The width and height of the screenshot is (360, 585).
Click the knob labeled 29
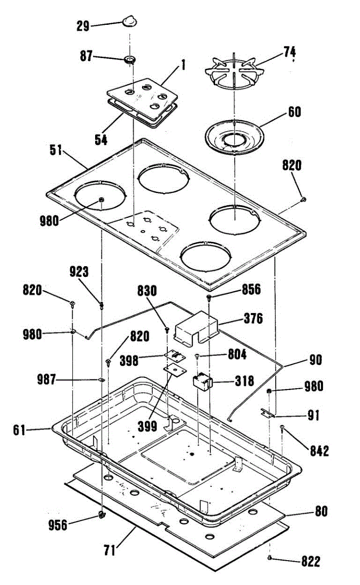[x=129, y=21]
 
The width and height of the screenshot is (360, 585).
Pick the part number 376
[x=252, y=319]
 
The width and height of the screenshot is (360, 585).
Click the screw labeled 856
[x=209, y=297]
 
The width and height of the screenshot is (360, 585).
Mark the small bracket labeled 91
[x=266, y=412]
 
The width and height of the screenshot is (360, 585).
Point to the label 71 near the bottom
[x=109, y=551]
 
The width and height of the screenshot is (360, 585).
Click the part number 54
[x=101, y=139]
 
